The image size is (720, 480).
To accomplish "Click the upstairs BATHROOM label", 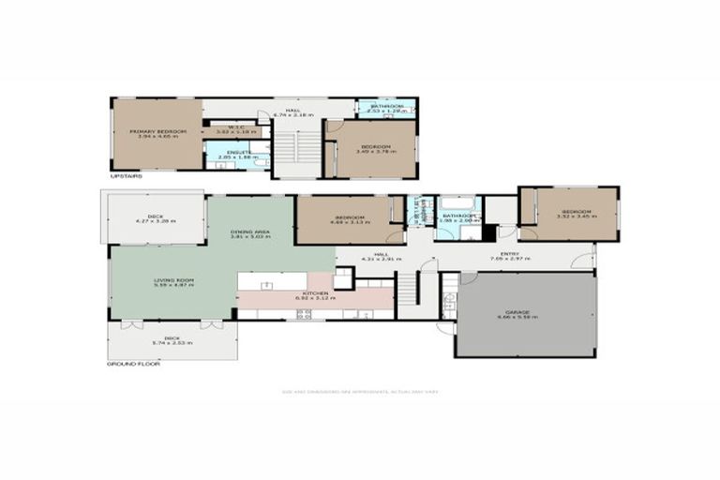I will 386,106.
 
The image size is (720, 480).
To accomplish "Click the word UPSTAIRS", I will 126,176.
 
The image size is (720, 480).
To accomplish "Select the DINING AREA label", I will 250,232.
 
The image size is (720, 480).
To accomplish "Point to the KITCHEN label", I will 314,293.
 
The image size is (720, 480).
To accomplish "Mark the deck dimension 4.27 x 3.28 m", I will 155,221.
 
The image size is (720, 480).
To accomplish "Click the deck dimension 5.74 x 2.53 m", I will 172,343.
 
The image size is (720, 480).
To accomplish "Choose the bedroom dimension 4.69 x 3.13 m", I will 349,222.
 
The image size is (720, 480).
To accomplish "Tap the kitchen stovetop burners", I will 304,316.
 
